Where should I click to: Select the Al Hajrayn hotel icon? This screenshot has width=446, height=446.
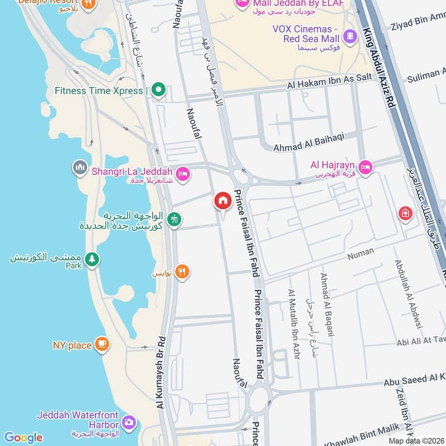[365, 167]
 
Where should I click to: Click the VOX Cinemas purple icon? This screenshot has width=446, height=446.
[350, 37]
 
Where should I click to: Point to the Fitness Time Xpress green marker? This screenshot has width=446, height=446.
[159, 90]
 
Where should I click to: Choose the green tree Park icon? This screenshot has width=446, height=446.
[92, 259]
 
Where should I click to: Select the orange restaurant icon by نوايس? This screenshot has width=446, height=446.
[182, 272]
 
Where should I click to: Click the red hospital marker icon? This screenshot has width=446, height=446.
[404, 214]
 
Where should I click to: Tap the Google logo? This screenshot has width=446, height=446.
[23, 437]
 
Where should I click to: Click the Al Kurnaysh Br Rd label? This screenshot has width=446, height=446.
[161, 372]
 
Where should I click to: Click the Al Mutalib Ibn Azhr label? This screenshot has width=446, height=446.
[293, 324]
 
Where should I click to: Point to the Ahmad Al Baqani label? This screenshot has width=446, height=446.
[327, 304]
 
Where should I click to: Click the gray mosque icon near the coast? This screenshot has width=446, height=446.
[79, 167]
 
